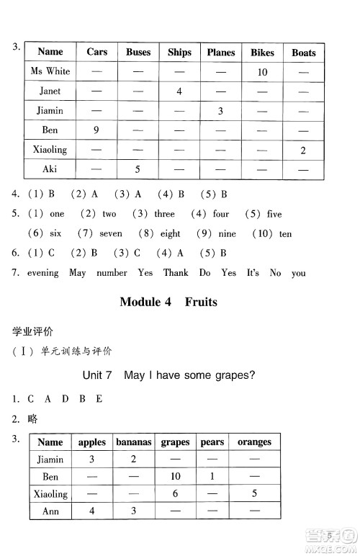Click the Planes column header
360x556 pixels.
(x=221, y=52)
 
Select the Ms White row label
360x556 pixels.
(x=50, y=71)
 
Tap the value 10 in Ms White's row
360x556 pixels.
(x=262, y=72)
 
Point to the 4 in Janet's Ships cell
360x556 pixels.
(x=179, y=91)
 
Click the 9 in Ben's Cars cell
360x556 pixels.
(x=96, y=130)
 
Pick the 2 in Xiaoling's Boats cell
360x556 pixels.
(x=303, y=151)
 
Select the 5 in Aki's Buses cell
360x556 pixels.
(x=138, y=170)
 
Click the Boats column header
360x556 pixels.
(x=304, y=53)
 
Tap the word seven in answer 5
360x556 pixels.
(x=111, y=233)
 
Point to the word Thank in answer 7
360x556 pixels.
(x=176, y=273)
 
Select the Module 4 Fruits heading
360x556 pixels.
(x=168, y=302)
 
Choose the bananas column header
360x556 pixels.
(x=134, y=442)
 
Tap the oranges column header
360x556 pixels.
(x=254, y=442)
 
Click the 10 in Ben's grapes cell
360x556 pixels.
(x=175, y=477)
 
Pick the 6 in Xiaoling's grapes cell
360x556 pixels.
(x=175, y=494)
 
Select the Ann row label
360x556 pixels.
(x=50, y=511)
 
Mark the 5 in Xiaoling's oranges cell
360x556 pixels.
(x=254, y=494)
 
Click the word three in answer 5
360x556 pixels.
(x=164, y=214)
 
